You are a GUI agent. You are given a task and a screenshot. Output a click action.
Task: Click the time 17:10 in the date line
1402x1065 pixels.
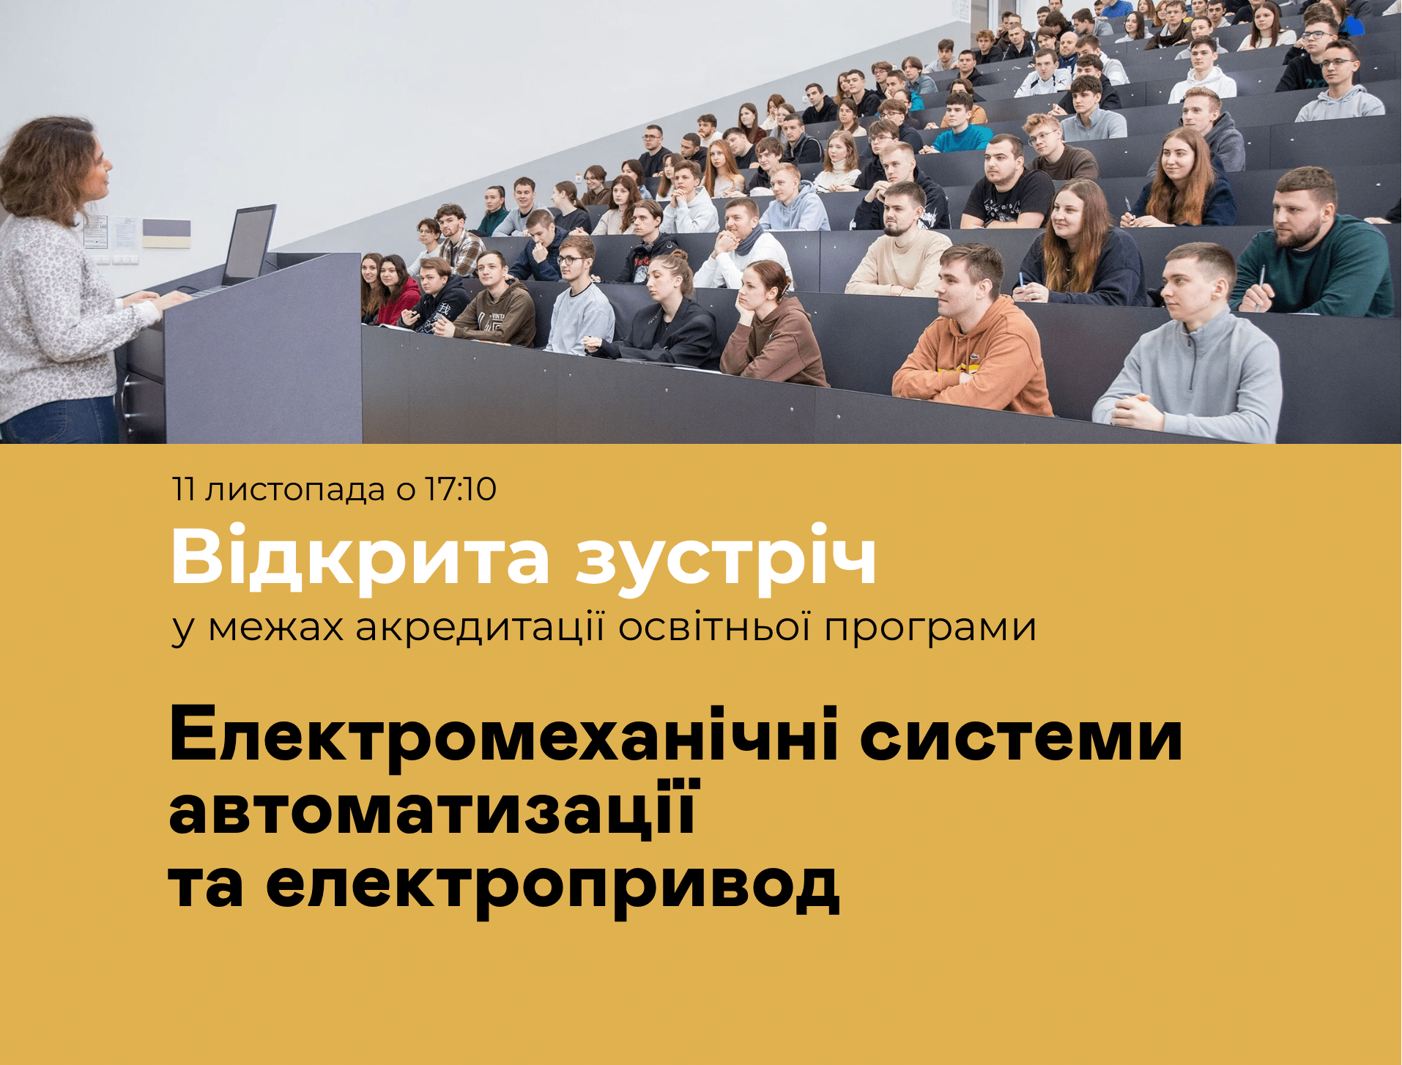tap(461, 489)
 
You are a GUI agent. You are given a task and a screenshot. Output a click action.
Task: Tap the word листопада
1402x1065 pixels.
tap(294, 491)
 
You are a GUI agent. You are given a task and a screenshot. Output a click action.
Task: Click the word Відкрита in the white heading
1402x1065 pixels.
tap(360, 557)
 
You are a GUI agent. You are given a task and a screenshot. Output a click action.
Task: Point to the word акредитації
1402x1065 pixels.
tap(481, 628)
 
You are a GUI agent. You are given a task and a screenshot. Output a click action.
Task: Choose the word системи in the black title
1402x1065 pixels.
tap(1021, 738)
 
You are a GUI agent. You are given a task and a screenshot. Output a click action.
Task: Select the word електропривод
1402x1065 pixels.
tap(552, 886)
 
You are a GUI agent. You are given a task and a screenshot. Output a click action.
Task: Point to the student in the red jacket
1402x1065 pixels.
tap(396, 291)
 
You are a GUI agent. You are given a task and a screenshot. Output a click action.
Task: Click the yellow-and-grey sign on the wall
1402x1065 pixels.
tap(166, 234)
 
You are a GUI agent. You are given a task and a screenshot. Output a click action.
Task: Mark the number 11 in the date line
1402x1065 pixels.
tap(183, 489)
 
